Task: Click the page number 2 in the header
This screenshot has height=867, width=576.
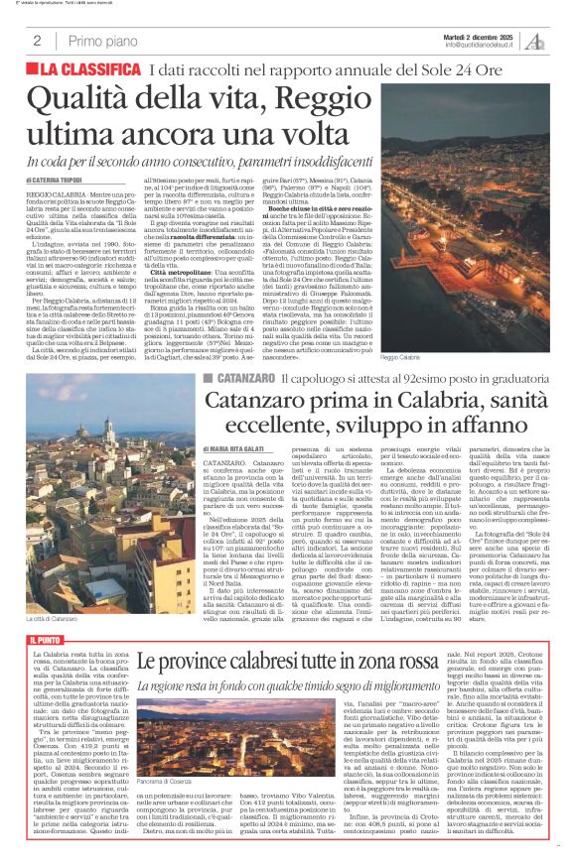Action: tap(37, 41)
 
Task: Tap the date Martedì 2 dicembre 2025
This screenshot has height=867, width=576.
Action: tap(477, 35)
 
